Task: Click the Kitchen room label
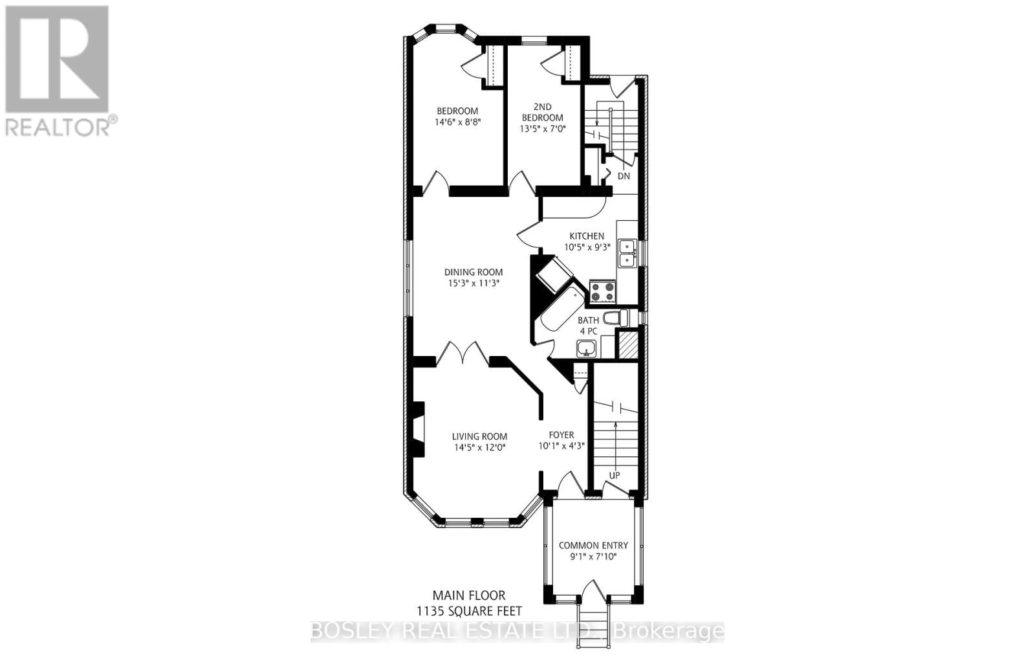click(x=586, y=236)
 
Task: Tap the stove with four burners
click(x=602, y=292)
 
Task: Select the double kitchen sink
click(x=626, y=253)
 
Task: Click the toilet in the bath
click(x=615, y=318)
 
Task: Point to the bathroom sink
click(x=587, y=349)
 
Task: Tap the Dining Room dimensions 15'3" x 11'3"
click(x=473, y=283)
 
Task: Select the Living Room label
click(x=479, y=436)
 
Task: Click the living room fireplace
click(x=418, y=430)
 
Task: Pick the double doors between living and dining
click(x=463, y=354)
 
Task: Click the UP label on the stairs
click(x=614, y=475)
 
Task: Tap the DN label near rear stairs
click(x=623, y=176)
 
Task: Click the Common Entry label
click(x=593, y=545)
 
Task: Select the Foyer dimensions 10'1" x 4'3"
click(x=561, y=445)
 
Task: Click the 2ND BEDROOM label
click(x=542, y=112)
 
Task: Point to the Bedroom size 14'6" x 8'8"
click(x=457, y=122)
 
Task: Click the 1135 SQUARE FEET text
click(x=469, y=610)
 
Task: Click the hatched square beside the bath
click(x=627, y=344)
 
